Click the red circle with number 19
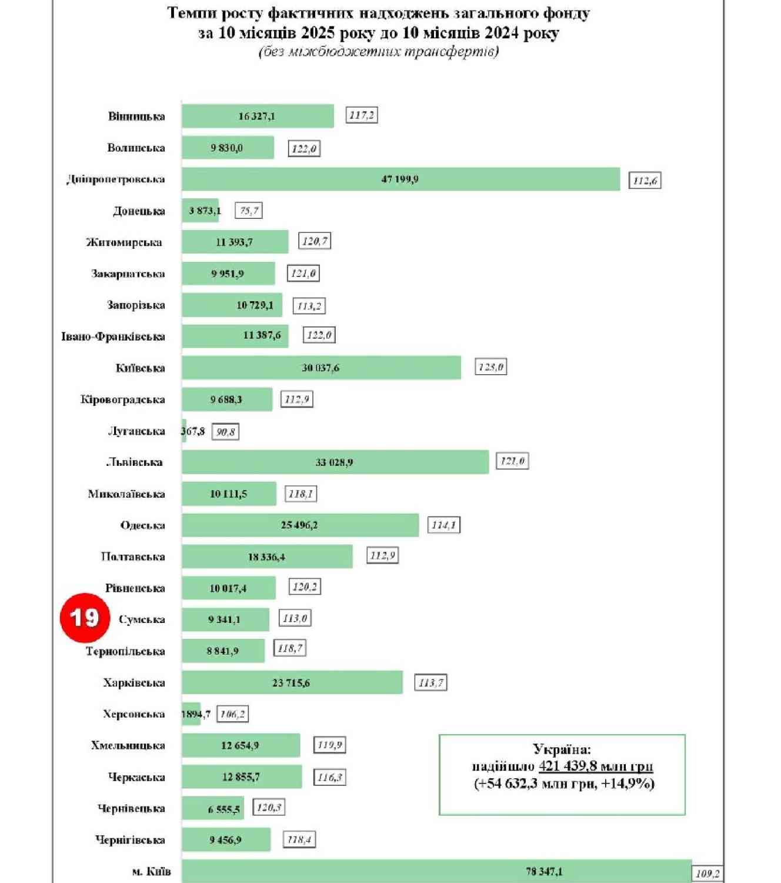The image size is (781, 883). pos(85,617)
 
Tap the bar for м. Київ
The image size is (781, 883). pos(436,871)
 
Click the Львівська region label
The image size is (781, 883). pos(134,462)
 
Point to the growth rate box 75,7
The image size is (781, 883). pos(249,211)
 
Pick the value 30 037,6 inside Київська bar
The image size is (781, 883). pos(321,368)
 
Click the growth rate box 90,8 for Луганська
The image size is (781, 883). pos(225,432)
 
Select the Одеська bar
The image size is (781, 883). pos(300,525)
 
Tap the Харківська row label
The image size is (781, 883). pos(133,683)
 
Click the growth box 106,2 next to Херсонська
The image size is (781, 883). pos(232,714)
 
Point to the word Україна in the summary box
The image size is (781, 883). pos(562,749)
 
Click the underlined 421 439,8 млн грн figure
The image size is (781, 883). pos(595,766)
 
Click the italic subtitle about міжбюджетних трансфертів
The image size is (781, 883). pos(379,52)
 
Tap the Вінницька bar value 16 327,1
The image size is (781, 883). pos(256,116)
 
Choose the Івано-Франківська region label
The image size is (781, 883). pos(113,336)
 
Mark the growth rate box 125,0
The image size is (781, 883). pos(490,367)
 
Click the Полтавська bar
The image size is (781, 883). pos(267,557)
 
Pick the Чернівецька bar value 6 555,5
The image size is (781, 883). pos(223,809)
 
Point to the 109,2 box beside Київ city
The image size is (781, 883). pos(707,874)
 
